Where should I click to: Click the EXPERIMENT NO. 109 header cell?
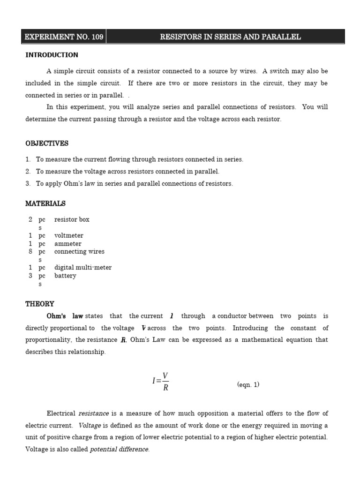64,37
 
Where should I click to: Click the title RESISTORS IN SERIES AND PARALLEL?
230,37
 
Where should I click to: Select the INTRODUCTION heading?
52,55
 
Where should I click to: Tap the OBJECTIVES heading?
47,143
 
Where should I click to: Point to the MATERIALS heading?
45,203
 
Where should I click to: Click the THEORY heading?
40,304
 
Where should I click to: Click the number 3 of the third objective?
28,184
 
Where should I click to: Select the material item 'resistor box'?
72,219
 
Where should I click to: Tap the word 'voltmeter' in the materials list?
68,236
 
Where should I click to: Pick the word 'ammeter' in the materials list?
67,244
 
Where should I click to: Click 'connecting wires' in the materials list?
79,252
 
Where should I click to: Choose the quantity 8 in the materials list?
30,252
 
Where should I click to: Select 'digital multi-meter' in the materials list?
83,268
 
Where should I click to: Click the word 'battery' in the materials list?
65,276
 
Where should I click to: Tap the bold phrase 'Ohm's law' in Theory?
65,316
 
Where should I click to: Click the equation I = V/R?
160,381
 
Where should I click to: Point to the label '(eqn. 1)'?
248,385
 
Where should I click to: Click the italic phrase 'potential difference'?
120,450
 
